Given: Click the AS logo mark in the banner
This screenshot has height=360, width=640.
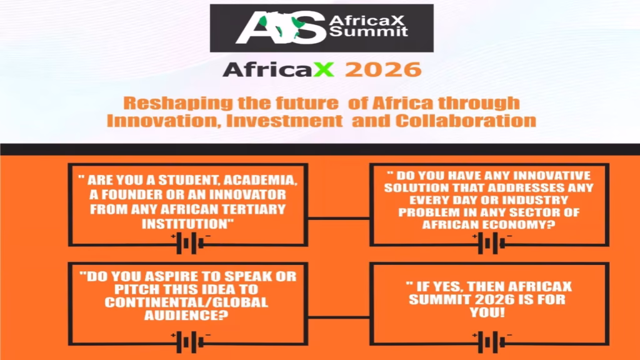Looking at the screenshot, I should click(x=279, y=28).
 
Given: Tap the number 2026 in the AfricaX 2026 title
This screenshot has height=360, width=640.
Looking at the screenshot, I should click(x=382, y=69).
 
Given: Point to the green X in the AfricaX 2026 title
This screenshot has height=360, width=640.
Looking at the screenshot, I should click(x=324, y=69).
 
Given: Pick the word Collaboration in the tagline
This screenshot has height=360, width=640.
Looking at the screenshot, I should click(x=466, y=120).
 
